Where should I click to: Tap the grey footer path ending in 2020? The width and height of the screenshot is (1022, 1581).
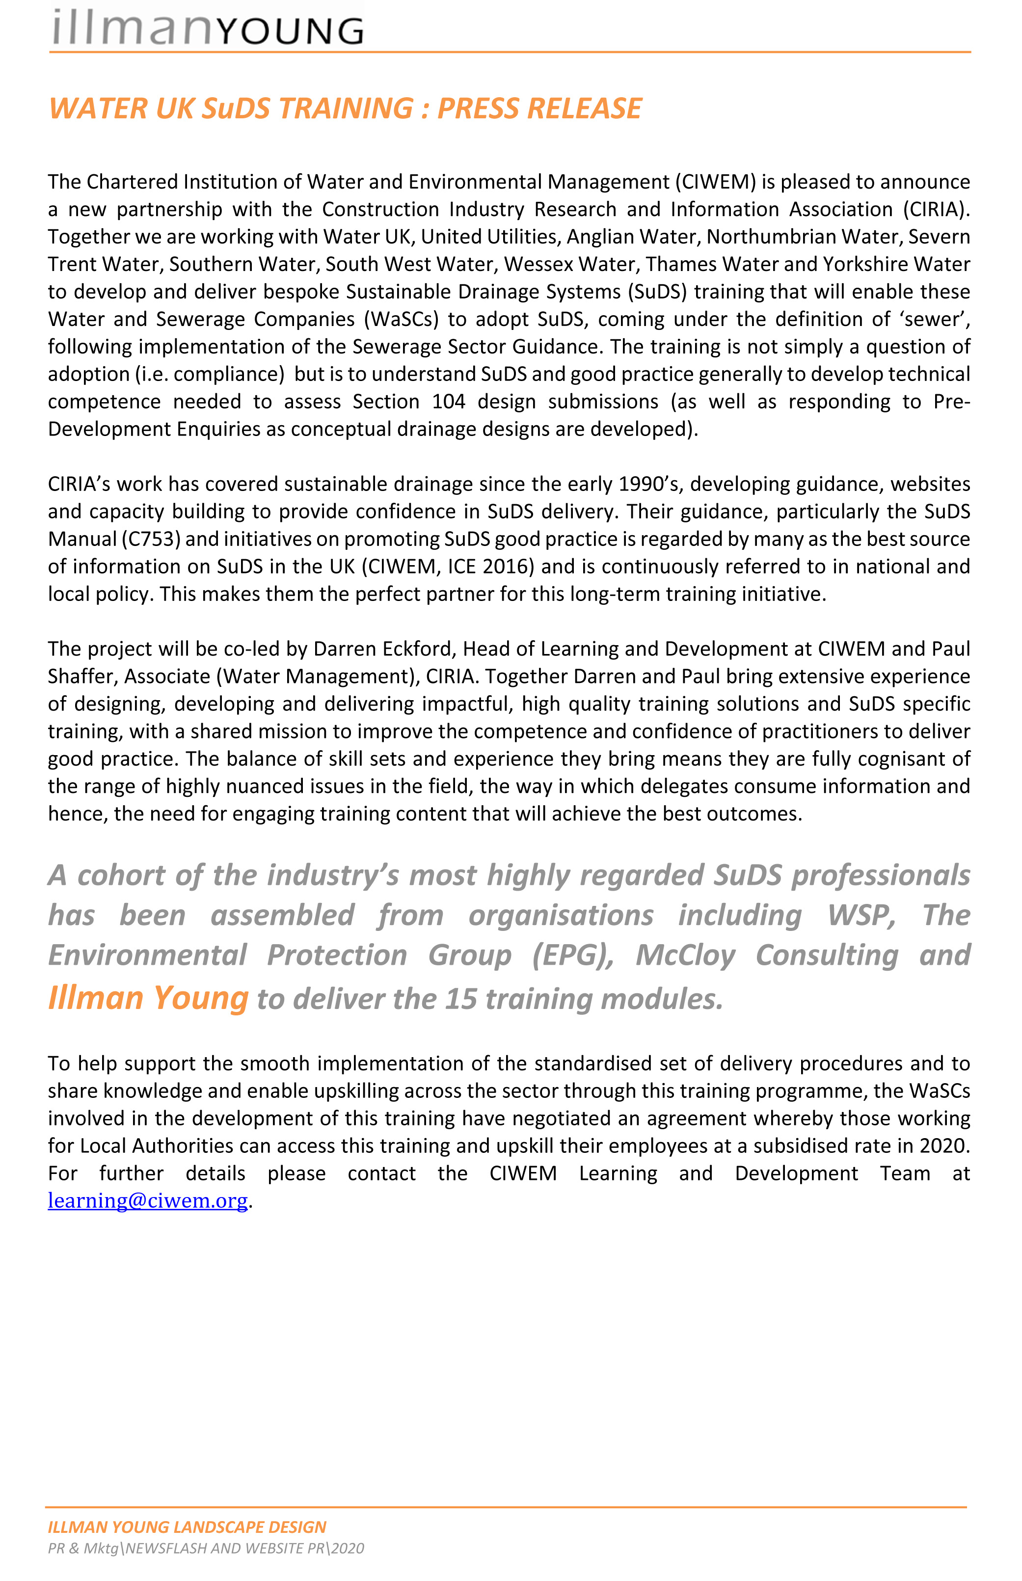[x=206, y=1548]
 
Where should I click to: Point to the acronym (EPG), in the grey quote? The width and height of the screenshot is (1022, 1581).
[x=573, y=955]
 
